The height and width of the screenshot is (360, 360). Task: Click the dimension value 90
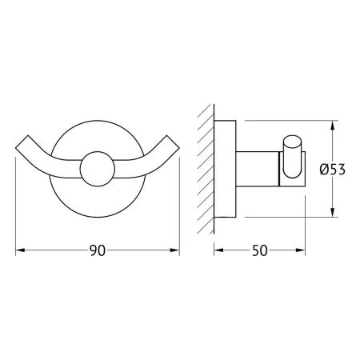point(98,250)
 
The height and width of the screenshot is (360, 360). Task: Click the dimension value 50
point(259,250)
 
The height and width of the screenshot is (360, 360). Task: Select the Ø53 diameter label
point(332,170)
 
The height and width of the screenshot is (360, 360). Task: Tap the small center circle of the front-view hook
point(98,169)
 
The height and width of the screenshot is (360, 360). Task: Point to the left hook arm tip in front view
point(22,142)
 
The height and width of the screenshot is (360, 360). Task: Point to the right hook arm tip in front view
point(174,142)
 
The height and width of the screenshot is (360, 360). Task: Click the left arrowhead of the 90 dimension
point(20,250)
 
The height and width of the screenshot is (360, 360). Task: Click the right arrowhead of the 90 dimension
point(175,250)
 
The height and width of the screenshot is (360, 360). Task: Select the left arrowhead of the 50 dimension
point(218,250)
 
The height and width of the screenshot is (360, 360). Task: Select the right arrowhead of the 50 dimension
point(301,250)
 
